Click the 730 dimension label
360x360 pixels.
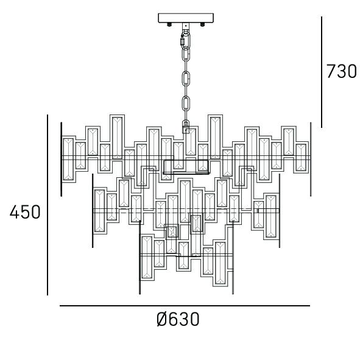coord(341,71)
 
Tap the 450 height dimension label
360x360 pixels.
coord(25,212)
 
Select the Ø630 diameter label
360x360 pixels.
coord(178,319)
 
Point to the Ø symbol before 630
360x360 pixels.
coord(163,319)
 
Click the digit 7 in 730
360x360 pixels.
coord(331,71)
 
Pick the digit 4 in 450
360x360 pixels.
coord(15,212)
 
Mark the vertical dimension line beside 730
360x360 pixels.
coord(322,72)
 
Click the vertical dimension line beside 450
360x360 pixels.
coord(48,205)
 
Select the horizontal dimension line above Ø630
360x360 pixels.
coord(185,306)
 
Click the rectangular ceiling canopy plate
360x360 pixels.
coord(186,18)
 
